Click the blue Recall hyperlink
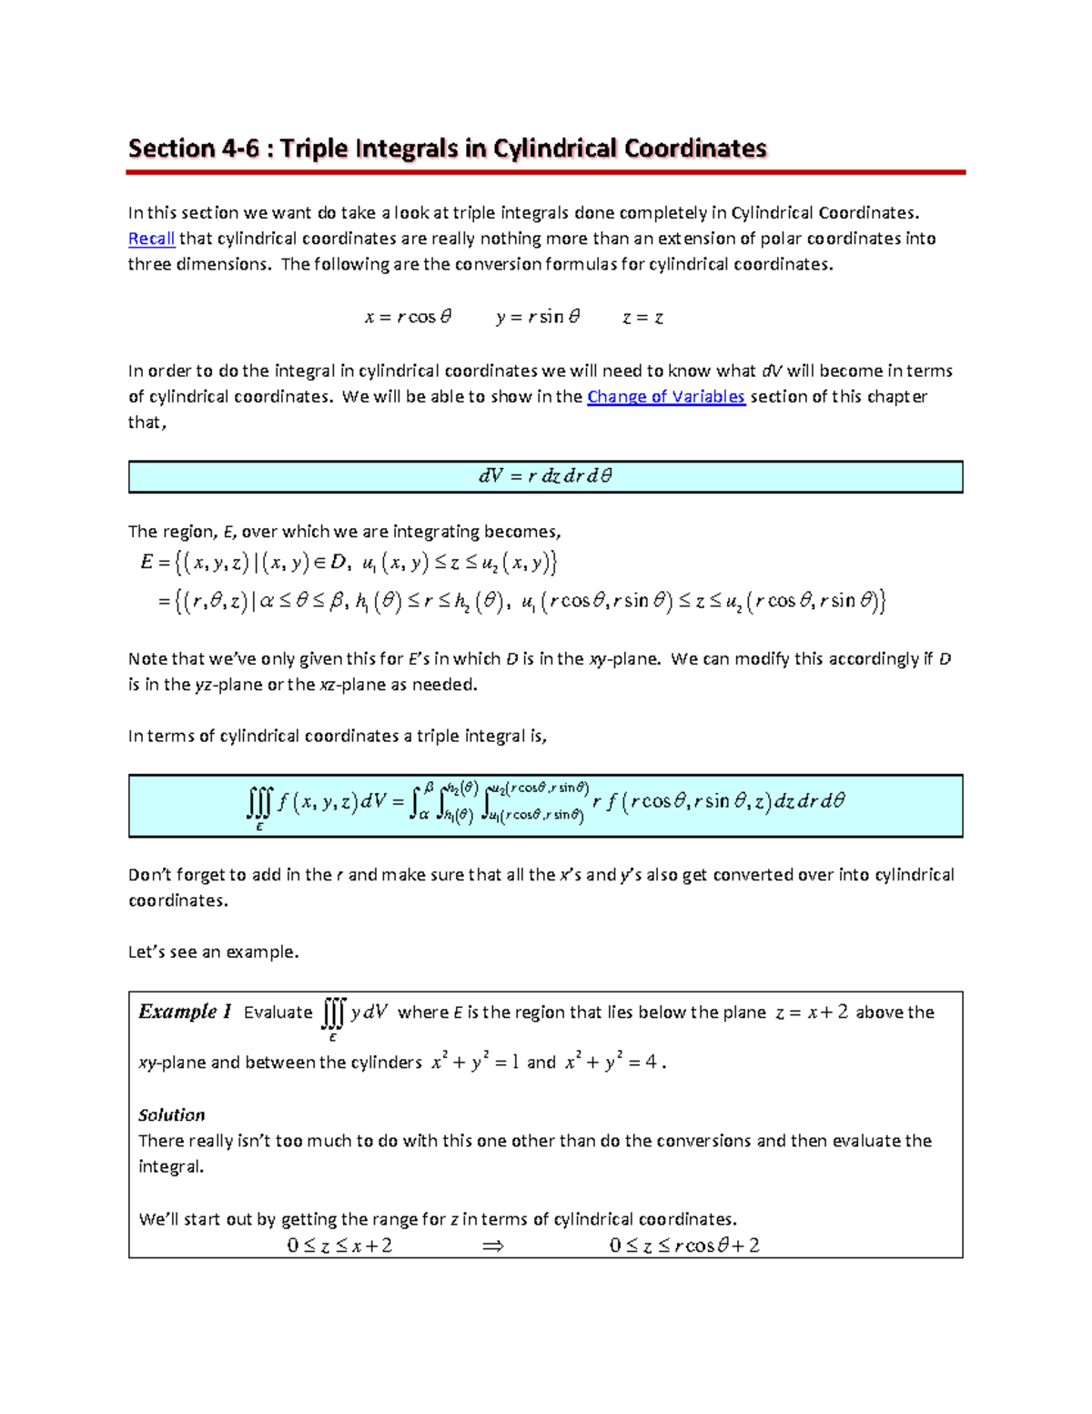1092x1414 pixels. (151, 239)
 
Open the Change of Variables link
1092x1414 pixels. (666, 397)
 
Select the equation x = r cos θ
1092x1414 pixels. (408, 318)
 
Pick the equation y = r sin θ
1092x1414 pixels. (538, 318)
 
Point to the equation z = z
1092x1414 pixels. (642, 318)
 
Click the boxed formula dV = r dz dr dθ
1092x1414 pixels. (545, 476)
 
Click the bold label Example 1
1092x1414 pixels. (185, 1012)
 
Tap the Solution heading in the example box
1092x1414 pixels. (171, 1114)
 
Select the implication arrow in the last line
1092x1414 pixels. (492, 1246)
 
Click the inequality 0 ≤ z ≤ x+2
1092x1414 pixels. (339, 1246)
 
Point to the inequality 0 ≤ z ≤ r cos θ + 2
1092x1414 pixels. (684, 1246)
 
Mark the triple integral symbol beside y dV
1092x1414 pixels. (333, 1013)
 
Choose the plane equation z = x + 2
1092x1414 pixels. (811, 1012)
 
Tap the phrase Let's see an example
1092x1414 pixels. (213, 952)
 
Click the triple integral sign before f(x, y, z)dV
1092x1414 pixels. (259, 803)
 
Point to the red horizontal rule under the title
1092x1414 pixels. (546, 172)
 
